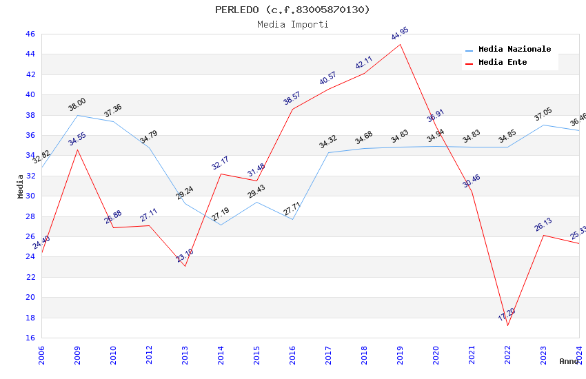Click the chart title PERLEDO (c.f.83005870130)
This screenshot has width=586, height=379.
tap(292, 10)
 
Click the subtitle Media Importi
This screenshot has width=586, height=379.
tap(292, 24)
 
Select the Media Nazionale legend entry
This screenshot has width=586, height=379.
tap(514, 50)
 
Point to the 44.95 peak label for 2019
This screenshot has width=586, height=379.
tap(400, 33)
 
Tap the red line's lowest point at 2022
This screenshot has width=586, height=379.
tap(507, 325)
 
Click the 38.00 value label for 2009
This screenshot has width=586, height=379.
tap(77, 105)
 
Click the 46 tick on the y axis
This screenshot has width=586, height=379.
tap(30, 34)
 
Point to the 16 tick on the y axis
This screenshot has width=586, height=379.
tap(30, 338)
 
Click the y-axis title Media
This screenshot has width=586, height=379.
tap(21, 186)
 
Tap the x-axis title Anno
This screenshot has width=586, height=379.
tap(569, 361)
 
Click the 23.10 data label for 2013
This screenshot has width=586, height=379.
tap(185, 256)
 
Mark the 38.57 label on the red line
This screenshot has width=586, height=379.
tap(292, 99)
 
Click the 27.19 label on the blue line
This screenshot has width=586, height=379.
tap(221, 214)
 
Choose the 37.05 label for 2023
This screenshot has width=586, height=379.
tap(543, 114)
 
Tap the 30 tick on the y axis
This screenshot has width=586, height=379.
tap(30, 196)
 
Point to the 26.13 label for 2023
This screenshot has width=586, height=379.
tap(543, 225)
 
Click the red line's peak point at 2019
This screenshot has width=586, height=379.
tap(400, 44)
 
